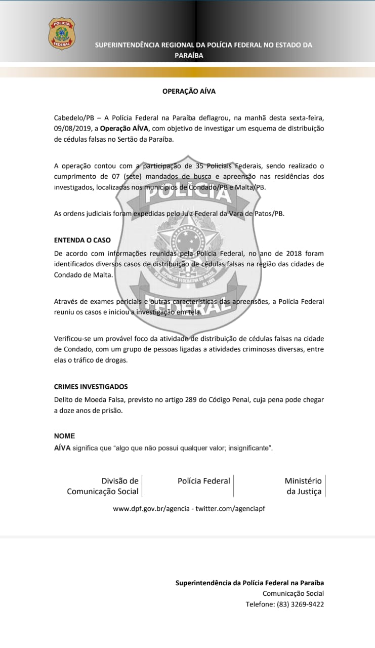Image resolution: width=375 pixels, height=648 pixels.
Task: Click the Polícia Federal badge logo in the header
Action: (x=61, y=33)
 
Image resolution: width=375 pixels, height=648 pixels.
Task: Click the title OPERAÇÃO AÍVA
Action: (x=189, y=92)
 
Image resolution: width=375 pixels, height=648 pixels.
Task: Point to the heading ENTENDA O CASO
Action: (x=82, y=240)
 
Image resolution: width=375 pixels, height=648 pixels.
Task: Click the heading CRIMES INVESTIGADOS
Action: (x=91, y=387)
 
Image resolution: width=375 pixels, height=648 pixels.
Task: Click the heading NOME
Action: (x=64, y=436)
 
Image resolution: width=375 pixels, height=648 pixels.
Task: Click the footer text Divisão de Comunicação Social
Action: (x=103, y=486)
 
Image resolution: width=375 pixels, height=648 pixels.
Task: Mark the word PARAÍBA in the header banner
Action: (x=189, y=56)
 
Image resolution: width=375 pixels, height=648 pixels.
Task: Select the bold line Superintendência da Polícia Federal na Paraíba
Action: (x=249, y=583)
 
